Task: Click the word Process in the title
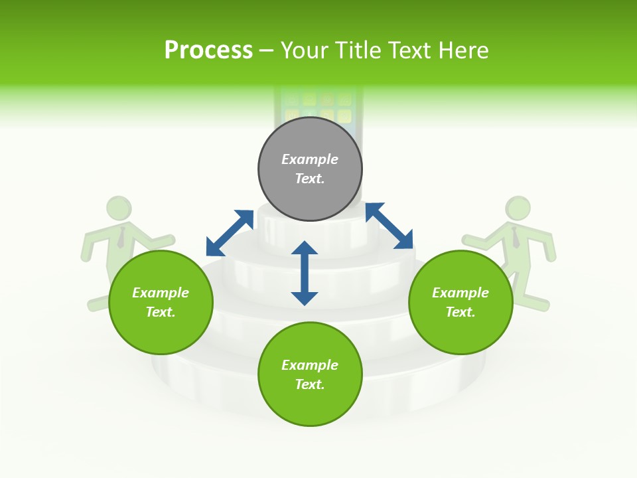pos(208,50)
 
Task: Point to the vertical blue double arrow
pos(305,273)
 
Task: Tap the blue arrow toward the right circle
pos(389,226)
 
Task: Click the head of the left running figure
pos(119,208)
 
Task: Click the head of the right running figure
pos(518,208)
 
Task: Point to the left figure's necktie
pos(121,237)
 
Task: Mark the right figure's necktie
pos(516,237)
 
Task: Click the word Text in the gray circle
pos(309,179)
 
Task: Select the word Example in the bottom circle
pos(310,365)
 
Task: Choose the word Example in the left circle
pos(161,293)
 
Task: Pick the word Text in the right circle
pos(460,312)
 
